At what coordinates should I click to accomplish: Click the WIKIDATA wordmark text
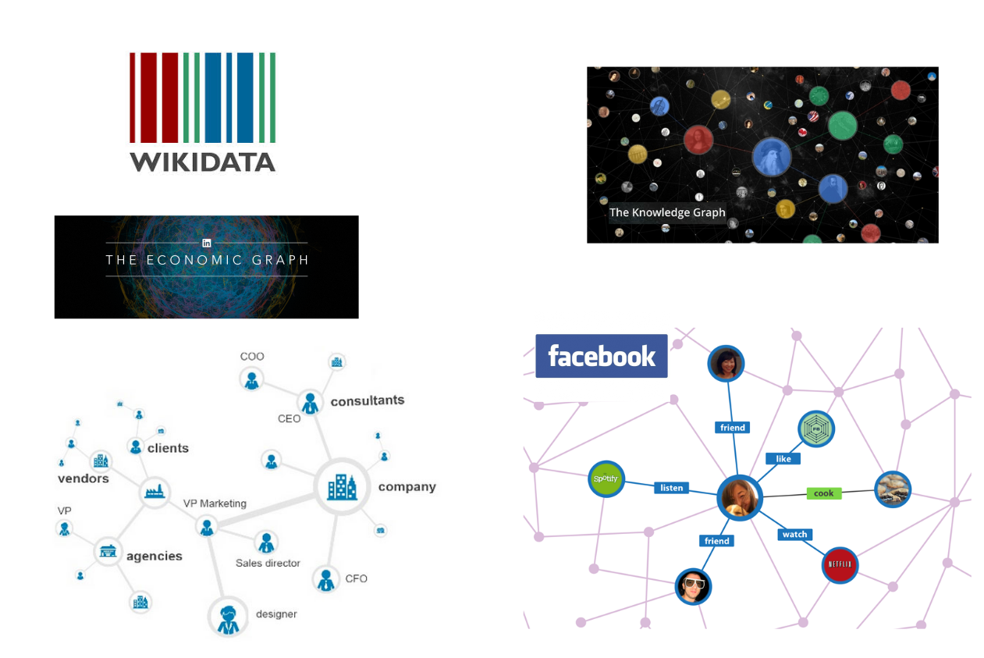[202, 162]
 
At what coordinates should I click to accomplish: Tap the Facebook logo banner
[601, 356]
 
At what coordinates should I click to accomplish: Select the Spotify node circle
[606, 478]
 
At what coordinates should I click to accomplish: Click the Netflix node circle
[840, 564]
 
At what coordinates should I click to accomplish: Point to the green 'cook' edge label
[823, 493]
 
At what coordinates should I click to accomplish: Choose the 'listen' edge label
[671, 488]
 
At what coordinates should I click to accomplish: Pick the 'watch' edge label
[794, 535]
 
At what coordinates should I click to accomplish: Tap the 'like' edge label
[783, 459]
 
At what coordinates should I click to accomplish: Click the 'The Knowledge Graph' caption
[667, 212]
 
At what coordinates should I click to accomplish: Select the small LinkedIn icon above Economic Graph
[207, 243]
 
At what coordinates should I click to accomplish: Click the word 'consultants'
[368, 400]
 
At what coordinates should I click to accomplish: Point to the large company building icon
[342, 487]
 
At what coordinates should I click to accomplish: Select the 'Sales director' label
[268, 563]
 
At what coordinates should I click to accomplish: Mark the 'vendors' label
[83, 478]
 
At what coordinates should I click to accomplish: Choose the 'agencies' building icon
[108, 552]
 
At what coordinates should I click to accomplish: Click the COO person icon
[251, 379]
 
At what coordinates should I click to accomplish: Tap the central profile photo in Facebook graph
[739, 497]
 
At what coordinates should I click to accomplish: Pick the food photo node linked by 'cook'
[893, 489]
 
